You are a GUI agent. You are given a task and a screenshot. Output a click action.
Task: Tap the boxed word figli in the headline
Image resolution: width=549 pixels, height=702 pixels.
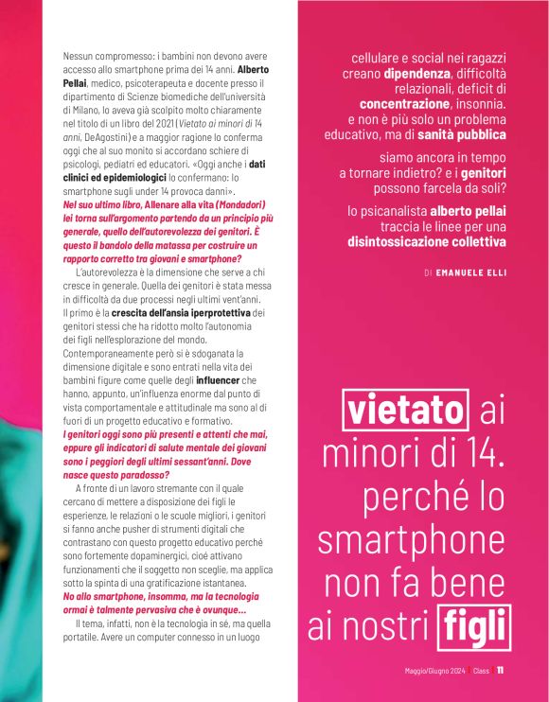(474, 625)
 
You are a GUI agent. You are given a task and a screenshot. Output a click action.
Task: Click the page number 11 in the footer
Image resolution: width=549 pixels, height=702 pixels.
(500, 671)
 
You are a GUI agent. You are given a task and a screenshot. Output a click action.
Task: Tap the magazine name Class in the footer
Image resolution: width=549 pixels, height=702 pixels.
(481, 672)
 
